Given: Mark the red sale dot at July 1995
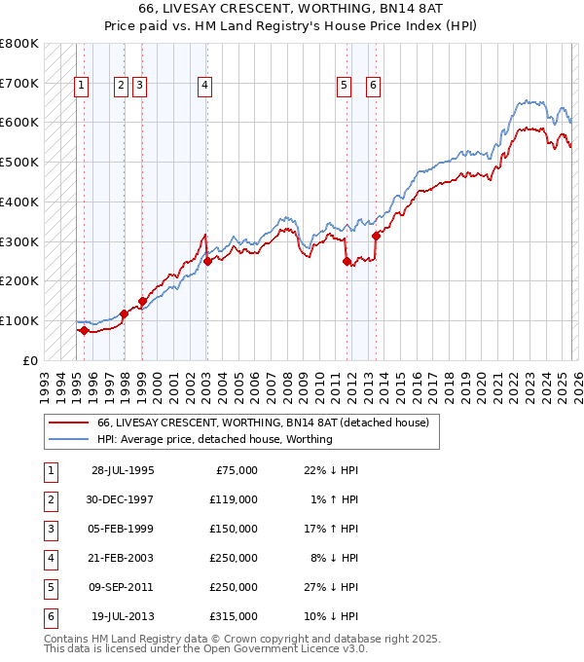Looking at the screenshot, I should click(84, 330).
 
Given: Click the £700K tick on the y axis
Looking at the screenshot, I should click(18, 83).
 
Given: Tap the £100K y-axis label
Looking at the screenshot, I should click(18, 320).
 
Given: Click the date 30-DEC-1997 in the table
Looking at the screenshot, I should click(123, 499).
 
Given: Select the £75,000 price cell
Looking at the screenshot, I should click(233, 470).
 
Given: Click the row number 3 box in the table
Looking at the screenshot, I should click(50, 529).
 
